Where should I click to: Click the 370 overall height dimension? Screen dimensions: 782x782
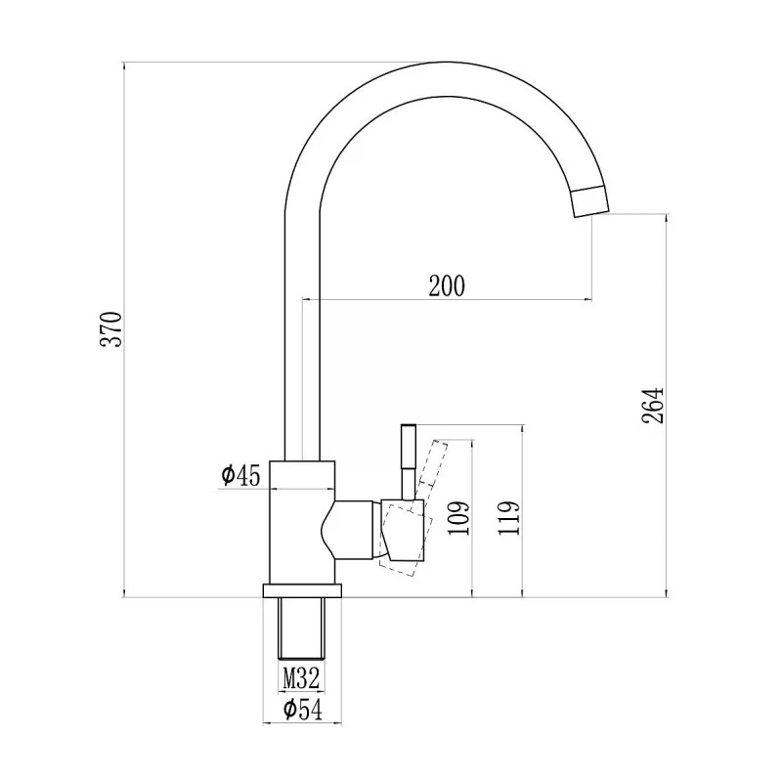[110, 329]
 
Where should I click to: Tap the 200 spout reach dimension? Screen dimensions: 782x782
[447, 285]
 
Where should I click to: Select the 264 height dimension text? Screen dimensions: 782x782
[653, 405]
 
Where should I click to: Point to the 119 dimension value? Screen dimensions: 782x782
[508, 518]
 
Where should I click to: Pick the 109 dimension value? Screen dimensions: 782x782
[458, 518]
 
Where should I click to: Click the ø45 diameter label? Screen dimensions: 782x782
[241, 475]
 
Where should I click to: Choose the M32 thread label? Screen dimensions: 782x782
[301, 678]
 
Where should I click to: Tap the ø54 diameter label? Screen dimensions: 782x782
[303, 710]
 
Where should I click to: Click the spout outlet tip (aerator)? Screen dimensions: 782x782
[590, 201]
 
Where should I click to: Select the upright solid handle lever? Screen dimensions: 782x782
[409, 461]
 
